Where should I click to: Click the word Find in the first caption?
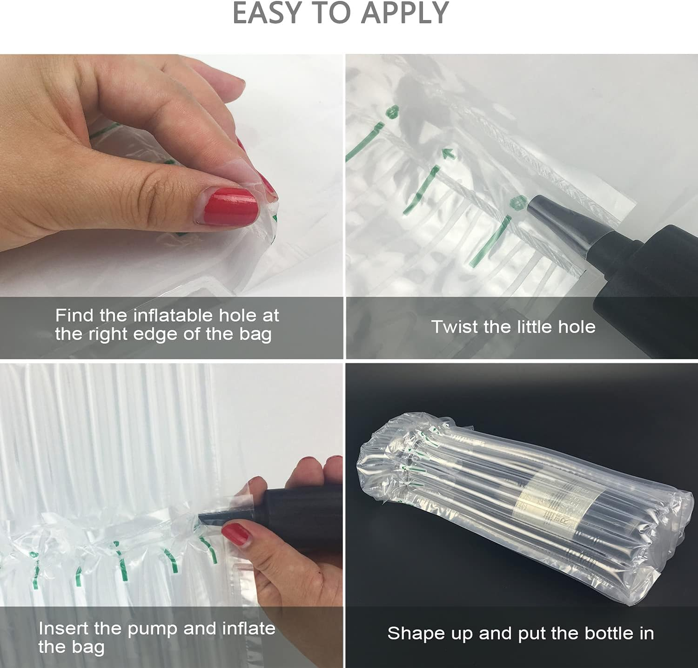pos(74,316)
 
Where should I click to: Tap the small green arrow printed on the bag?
pos(448,153)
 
